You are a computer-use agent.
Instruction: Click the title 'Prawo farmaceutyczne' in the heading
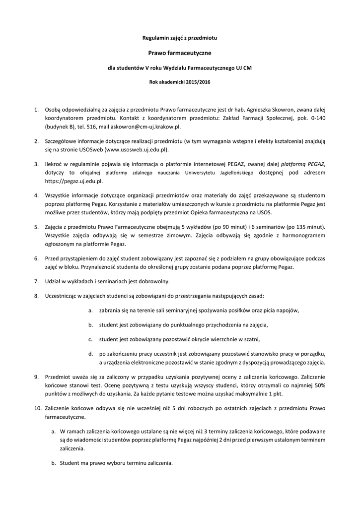[x=180, y=52]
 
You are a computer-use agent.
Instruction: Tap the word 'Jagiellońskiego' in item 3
[x=233, y=172]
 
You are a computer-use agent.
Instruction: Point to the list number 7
[x=36, y=281]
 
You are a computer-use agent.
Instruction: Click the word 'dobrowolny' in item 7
[x=153, y=281]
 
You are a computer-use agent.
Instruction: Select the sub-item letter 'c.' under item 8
[x=91, y=339]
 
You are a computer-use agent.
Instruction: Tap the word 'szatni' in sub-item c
[x=251, y=339]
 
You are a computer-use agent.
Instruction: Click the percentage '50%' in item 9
[x=320, y=385]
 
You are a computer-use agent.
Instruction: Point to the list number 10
[x=37, y=408]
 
